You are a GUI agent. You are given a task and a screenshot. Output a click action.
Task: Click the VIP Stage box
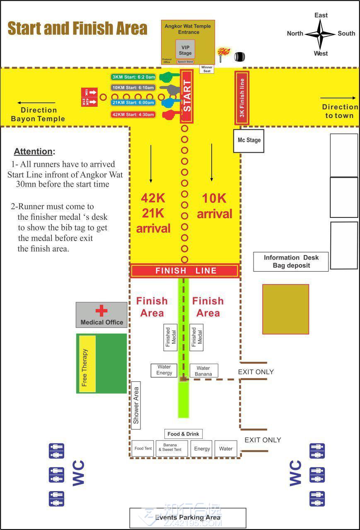click(x=185, y=50)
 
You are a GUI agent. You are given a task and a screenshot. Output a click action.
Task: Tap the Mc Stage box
click(x=249, y=140)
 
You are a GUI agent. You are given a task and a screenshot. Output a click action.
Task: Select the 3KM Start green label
click(x=134, y=77)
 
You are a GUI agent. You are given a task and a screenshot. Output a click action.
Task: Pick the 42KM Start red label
click(x=133, y=115)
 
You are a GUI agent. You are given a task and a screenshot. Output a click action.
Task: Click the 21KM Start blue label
click(x=133, y=103)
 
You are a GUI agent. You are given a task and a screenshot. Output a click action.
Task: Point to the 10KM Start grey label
click(x=133, y=88)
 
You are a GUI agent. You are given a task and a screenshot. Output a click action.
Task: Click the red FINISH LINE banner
click(x=185, y=271)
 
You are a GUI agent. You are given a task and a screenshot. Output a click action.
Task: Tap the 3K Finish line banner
click(x=242, y=98)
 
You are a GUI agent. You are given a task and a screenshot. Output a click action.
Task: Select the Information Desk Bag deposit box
click(x=291, y=262)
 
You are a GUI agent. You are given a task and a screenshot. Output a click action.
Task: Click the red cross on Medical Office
click(x=101, y=311)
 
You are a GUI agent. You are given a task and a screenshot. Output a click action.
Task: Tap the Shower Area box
click(x=136, y=405)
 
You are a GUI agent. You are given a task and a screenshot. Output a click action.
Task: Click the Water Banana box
click(x=203, y=371)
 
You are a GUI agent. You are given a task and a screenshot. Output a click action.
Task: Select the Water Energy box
click(x=164, y=370)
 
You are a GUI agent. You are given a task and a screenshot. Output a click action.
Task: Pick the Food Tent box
click(x=143, y=448)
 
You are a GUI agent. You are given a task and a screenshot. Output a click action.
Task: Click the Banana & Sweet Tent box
click(x=172, y=448)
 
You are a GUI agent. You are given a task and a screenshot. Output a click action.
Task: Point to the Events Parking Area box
click(x=188, y=518)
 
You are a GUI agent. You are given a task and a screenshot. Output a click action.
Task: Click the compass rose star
click(x=320, y=34)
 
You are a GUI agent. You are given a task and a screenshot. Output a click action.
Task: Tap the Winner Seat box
click(x=207, y=69)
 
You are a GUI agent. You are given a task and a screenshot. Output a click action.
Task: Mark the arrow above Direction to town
click(x=338, y=98)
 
